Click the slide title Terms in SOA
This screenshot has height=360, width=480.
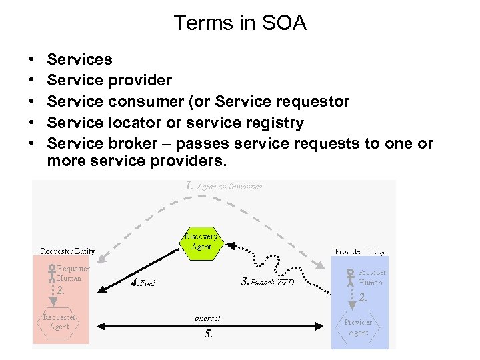pyautogui.click(x=240, y=23)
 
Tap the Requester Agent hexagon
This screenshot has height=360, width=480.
pyautogui.click(x=59, y=323)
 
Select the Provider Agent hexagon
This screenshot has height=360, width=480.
pyautogui.click(x=358, y=327)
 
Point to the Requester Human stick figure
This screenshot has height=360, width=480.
pyautogui.click(x=51, y=274)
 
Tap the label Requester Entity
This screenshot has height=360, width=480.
pyautogui.click(x=66, y=251)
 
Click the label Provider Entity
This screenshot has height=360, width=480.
pyautogui.click(x=360, y=252)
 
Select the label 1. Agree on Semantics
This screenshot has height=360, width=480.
pyautogui.click(x=223, y=187)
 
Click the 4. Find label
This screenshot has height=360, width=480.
pyautogui.click(x=143, y=283)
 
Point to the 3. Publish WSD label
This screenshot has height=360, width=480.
pyautogui.click(x=267, y=282)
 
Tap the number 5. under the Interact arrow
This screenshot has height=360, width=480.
pyautogui.click(x=208, y=334)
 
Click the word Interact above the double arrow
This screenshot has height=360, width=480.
pyautogui.click(x=207, y=318)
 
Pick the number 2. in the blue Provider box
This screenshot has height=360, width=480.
pyautogui.click(x=362, y=299)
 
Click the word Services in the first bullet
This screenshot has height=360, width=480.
pyautogui.click(x=80, y=59)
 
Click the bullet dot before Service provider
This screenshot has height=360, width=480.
pyautogui.click(x=33, y=81)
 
